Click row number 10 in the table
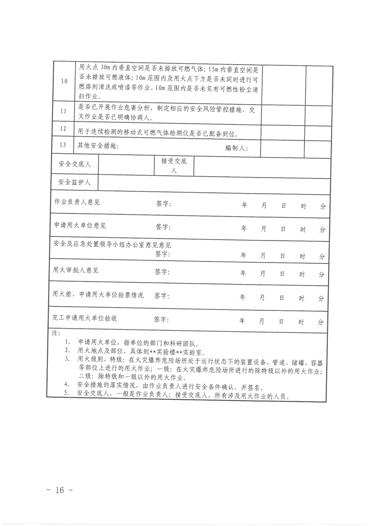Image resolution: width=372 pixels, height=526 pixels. tap(64, 81)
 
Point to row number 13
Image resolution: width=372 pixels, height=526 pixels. tap(64, 145)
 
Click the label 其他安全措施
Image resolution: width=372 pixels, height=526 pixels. tap(98, 145)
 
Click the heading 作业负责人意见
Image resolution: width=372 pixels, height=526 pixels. tap(77, 203)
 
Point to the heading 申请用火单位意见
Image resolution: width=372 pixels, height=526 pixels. tap(80, 225)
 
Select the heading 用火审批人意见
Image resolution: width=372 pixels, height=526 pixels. tap(76, 271)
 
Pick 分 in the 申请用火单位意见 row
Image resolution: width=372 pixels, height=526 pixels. tap(322, 229)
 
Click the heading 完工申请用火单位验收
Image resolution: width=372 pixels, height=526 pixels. tap(85, 318)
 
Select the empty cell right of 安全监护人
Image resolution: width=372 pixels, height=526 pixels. tap(211, 182)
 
